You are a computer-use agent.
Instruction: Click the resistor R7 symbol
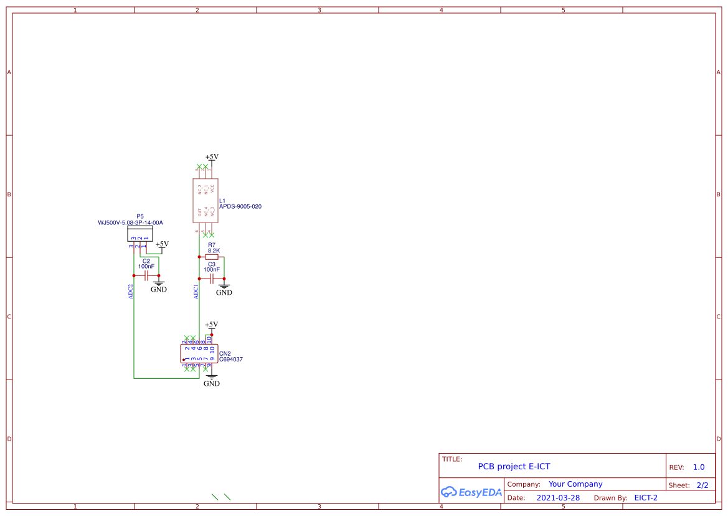point(212,257)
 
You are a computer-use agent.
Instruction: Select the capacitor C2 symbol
point(147,275)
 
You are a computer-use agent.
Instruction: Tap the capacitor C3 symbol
point(212,278)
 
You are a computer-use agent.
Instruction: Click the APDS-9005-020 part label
point(240,206)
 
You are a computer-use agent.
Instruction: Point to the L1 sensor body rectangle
point(206,200)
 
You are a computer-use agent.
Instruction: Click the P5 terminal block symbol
point(140,234)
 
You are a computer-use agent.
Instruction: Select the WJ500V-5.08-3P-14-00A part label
point(130,222)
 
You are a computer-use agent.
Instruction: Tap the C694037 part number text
point(231,360)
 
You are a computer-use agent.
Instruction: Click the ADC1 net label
point(196,292)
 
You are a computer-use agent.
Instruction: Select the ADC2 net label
point(131,292)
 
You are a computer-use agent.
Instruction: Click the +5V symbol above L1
point(212,158)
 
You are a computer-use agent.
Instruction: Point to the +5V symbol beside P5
point(162,245)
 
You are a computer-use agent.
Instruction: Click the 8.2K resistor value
point(214,251)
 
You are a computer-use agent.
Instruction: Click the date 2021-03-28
point(558,498)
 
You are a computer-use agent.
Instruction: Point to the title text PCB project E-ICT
point(514,466)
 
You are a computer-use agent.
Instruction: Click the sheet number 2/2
point(702,485)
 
